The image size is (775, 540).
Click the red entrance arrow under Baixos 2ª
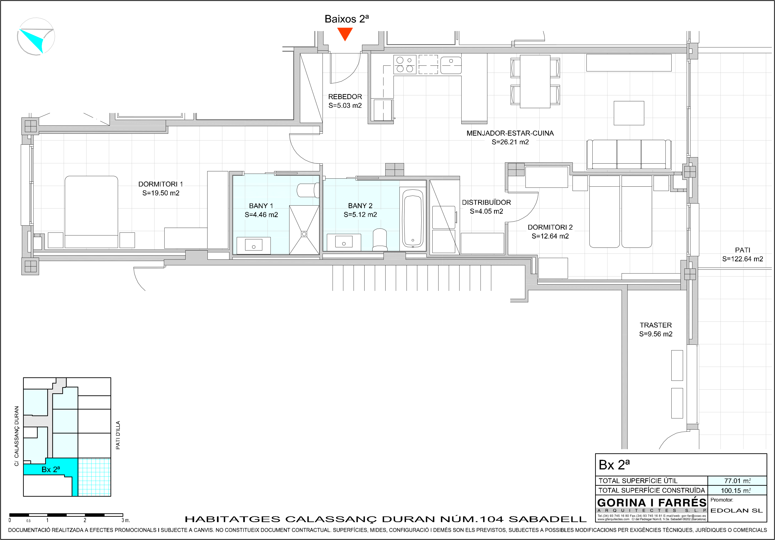[345, 34]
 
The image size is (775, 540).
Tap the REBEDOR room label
[345, 97]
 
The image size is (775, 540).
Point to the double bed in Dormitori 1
[92, 212]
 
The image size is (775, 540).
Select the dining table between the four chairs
[535, 81]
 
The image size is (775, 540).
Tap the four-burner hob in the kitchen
[405, 64]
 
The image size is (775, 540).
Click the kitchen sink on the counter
[451, 64]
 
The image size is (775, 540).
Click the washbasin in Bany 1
[253, 245]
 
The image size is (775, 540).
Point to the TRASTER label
[656, 325]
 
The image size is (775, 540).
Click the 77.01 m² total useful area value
[738, 481]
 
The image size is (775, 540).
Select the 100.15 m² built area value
[736, 490]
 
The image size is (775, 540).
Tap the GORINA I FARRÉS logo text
[652, 503]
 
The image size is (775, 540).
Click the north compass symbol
[36, 37]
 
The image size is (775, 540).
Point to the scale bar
[66, 515]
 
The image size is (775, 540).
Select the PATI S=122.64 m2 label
[742, 255]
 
